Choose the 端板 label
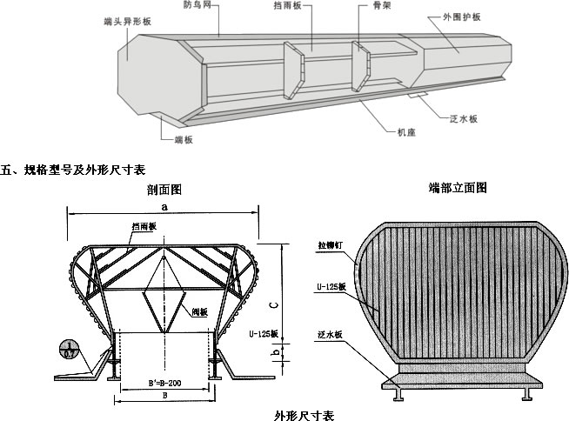click(171, 137)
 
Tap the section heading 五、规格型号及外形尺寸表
click(73, 169)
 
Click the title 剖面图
click(164, 189)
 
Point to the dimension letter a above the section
click(164, 206)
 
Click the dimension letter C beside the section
click(273, 305)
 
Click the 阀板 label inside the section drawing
click(199, 311)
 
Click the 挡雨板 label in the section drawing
click(144, 227)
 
